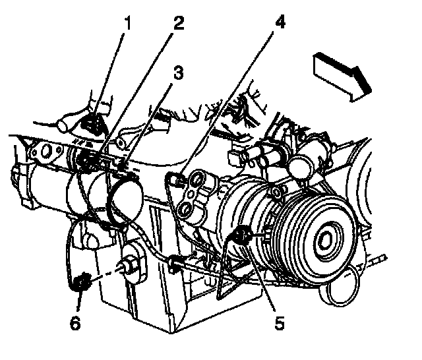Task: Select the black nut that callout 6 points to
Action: tap(82, 282)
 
